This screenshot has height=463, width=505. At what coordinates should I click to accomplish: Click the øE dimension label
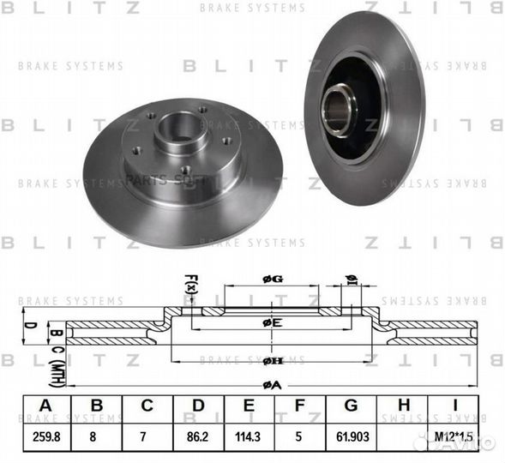tap(272, 322)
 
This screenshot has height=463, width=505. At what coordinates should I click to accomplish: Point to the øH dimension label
tap(272, 361)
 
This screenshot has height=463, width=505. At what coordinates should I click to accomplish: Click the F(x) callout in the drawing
tap(191, 284)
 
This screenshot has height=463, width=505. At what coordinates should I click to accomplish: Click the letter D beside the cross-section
tap(27, 326)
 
